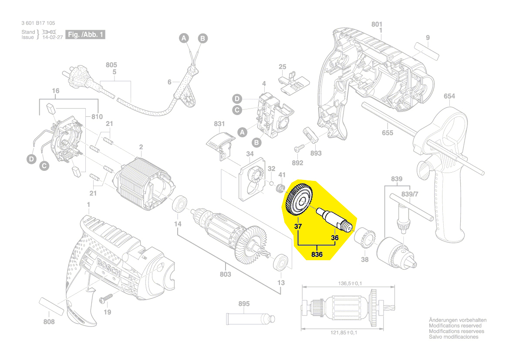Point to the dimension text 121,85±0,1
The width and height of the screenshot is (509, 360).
[x=341, y=333]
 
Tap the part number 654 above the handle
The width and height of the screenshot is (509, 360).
[x=449, y=96]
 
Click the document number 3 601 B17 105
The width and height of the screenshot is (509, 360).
[x=38, y=23]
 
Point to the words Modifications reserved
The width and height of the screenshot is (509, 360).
[x=455, y=326]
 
